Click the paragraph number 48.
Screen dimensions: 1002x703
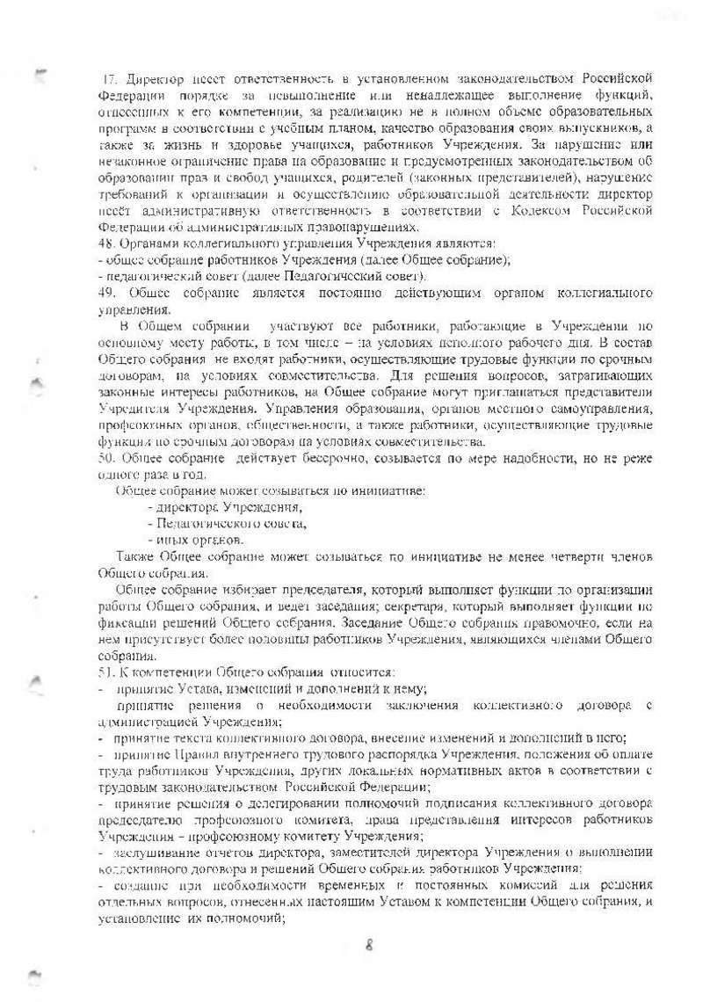click(107, 243)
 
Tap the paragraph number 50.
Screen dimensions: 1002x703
click(107, 459)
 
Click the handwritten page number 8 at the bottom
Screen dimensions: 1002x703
click(370, 945)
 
